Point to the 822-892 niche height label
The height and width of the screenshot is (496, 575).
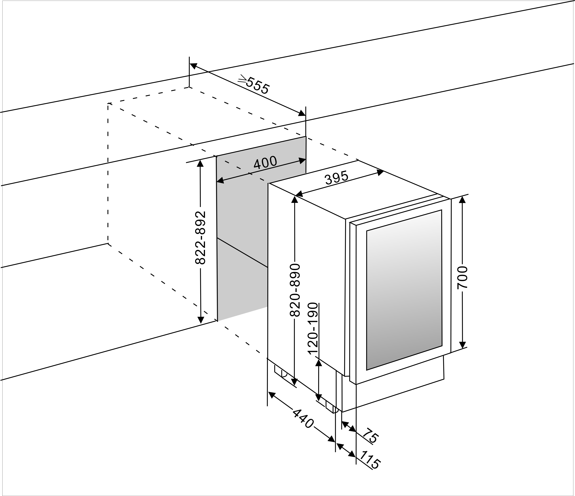click(200, 238)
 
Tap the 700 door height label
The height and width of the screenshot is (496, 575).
click(462, 278)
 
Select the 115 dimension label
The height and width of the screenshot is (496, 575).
click(370, 463)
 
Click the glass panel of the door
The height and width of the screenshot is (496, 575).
click(404, 290)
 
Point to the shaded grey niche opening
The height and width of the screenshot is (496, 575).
click(241, 211)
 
